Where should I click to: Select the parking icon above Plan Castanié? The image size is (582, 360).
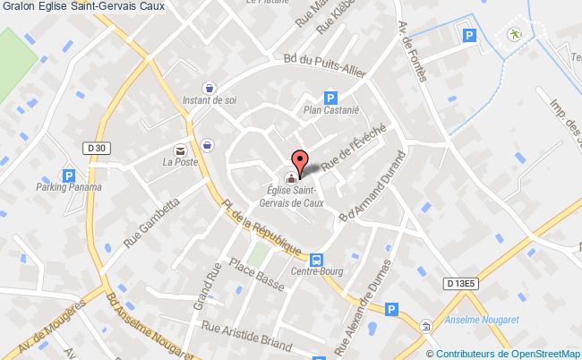tap(330, 98)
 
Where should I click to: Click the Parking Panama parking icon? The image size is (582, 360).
tap(68, 176)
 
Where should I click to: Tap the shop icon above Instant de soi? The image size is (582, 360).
tap(209, 89)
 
